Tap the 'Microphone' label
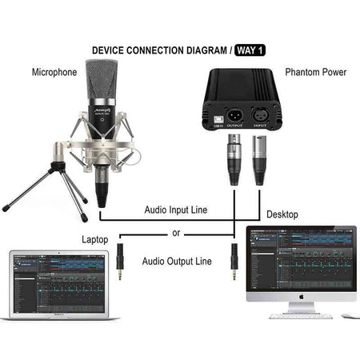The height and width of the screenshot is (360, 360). click(x=54, y=72)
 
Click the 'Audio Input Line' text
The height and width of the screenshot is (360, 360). click(x=176, y=210)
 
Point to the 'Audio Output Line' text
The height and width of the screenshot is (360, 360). click(x=177, y=261)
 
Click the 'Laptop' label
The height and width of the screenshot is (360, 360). click(x=95, y=239)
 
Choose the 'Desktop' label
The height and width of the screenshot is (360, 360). click(x=282, y=215)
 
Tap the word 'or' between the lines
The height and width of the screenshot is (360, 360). click(x=176, y=234)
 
